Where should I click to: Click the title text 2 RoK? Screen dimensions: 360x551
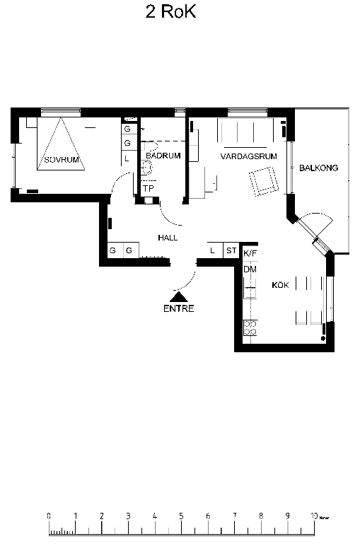(170, 12)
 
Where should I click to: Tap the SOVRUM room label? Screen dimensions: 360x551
(62, 160)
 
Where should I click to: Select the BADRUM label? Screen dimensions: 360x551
(163, 156)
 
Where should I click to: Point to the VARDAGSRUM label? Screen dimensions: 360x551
(249, 156)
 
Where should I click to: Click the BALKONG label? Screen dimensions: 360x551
(318, 168)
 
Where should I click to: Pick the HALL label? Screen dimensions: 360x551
(168, 238)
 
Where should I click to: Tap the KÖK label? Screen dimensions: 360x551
(280, 284)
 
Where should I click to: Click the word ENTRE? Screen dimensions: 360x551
(179, 308)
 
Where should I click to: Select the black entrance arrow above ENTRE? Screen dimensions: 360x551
(179, 297)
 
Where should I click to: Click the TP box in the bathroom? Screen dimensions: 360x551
(149, 189)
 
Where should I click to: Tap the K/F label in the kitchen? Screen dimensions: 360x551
(250, 253)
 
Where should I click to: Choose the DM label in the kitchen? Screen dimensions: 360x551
(250, 269)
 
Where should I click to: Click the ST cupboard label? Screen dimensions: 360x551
(231, 250)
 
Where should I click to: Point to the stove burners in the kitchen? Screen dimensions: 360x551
(250, 328)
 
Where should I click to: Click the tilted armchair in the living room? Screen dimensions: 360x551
(264, 181)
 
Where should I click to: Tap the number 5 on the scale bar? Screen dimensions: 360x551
(181, 516)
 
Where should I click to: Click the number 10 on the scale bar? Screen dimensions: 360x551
(314, 516)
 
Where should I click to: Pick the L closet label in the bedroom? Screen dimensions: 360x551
(127, 159)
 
